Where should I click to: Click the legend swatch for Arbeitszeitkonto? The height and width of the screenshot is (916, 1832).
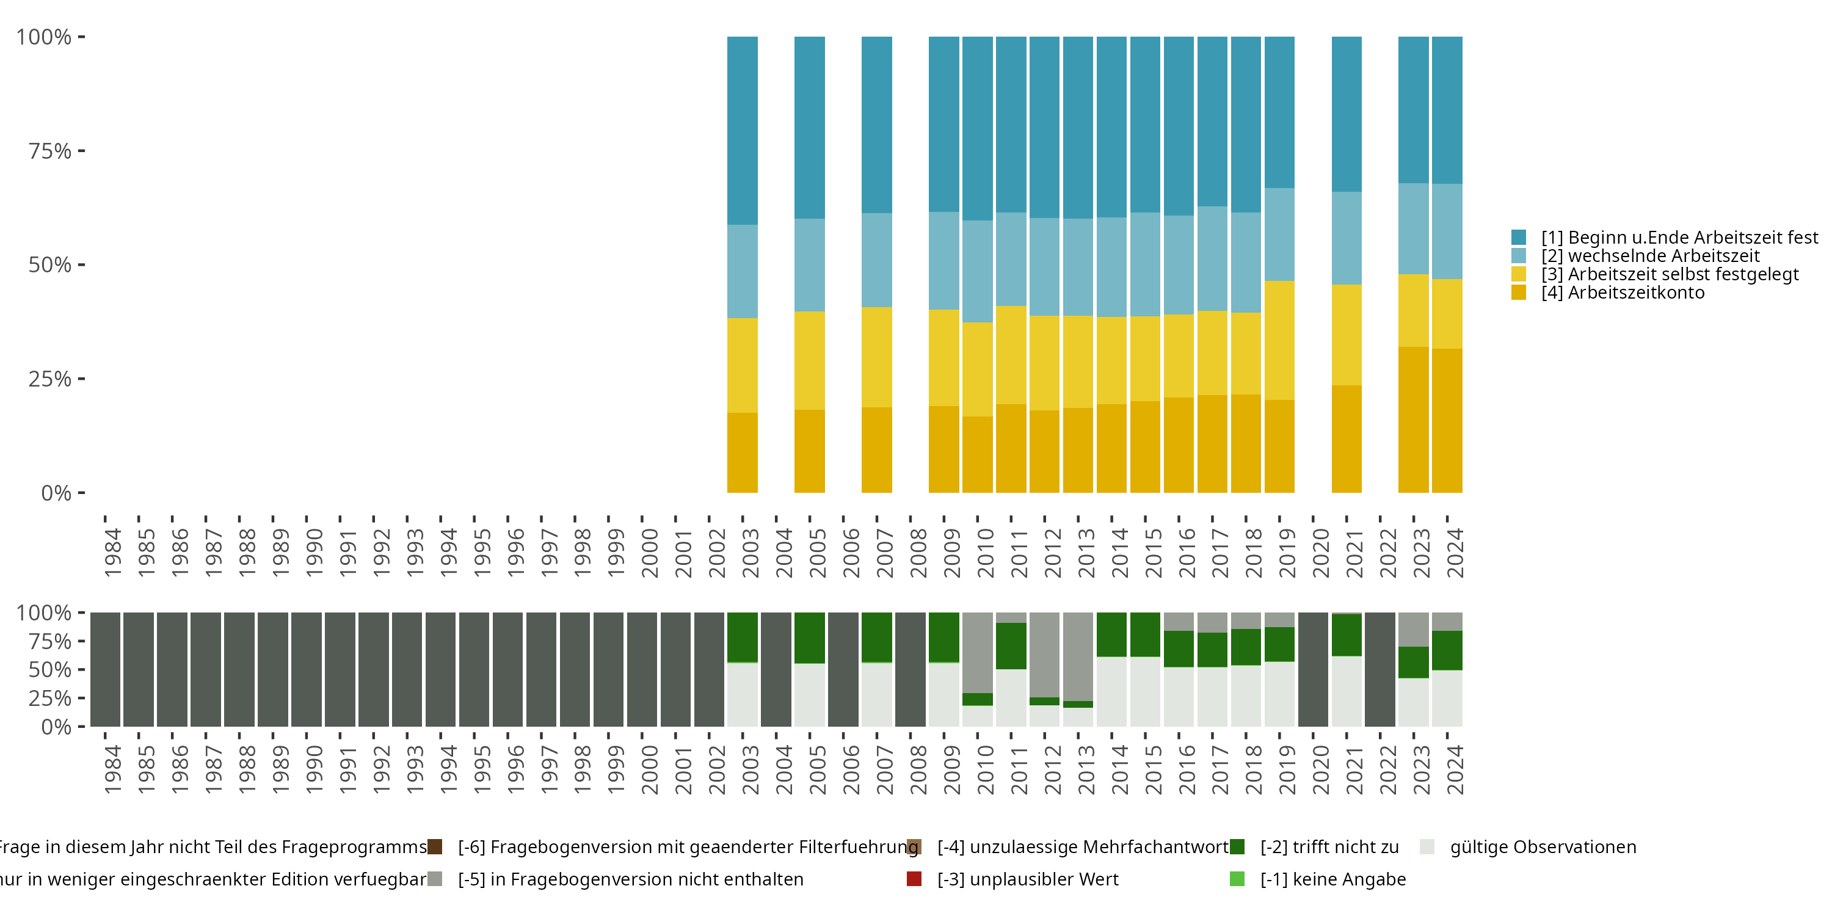[1518, 293]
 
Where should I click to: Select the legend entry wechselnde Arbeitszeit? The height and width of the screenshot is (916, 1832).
[1650, 255]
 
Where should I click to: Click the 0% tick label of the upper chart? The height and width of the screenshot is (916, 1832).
[56, 493]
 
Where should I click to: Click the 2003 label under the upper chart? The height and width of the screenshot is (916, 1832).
[749, 553]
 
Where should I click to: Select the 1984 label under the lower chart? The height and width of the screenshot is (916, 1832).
[112, 769]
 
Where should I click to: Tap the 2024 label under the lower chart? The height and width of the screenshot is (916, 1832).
[1455, 769]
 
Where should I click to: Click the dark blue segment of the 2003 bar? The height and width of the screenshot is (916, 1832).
[742, 131]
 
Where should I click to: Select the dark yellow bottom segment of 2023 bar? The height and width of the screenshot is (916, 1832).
[1413, 420]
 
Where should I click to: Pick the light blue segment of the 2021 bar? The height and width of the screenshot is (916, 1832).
[1347, 238]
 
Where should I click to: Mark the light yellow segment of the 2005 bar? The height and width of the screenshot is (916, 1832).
[809, 360]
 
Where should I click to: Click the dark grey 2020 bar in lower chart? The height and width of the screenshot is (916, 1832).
[1313, 669]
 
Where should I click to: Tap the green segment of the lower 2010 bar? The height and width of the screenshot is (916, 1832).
[977, 699]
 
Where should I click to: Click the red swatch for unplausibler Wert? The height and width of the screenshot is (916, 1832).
[915, 879]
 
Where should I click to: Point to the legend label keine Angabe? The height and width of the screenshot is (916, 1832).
[1332, 879]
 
